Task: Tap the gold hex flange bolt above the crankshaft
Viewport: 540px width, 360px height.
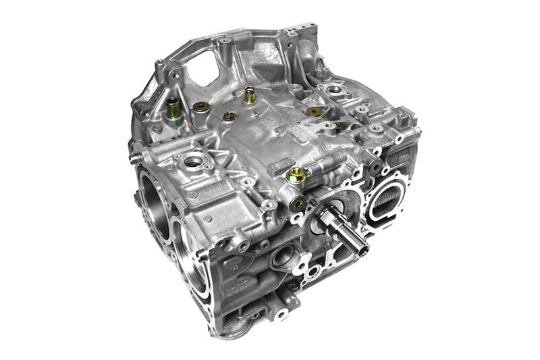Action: click(294, 176)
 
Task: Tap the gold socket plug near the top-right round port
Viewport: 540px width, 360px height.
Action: click(313, 111)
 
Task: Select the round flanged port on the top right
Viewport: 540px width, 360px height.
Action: click(335, 90)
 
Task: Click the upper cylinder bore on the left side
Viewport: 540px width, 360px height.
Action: click(153, 195)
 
